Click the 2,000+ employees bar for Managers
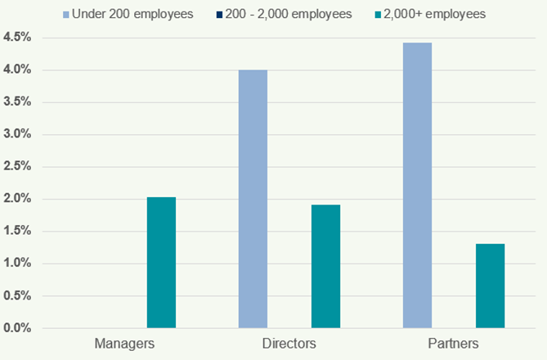(x=161, y=263)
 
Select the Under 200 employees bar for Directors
(x=253, y=199)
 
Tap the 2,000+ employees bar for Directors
(x=325, y=266)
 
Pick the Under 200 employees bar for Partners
(x=417, y=185)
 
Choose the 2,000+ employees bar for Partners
(x=490, y=286)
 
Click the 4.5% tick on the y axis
(x=17, y=38)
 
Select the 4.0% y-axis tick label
(x=17, y=70)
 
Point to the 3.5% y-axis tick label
(x=17, y=102)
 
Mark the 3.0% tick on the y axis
(x=17, y=134)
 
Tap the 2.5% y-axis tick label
(x=17, y=167)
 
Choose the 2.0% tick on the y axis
(x=17, y=199)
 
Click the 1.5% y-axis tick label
(x=17, y=232)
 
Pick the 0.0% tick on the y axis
(x=17, y=328)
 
